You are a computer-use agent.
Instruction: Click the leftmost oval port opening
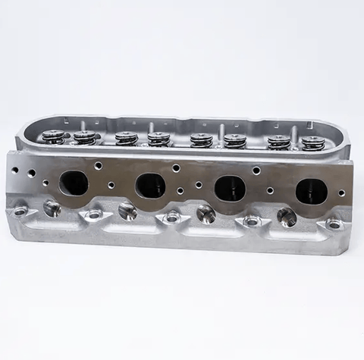coord(73,183)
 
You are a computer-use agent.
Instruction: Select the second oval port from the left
coord(150,186)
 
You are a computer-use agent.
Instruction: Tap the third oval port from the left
coord(230,188)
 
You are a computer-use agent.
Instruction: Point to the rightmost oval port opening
coord(310,191)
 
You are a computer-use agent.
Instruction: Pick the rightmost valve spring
coord(312,142)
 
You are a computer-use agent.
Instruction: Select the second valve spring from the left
coord(85,138)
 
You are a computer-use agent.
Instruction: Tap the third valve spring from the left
coord(126,139)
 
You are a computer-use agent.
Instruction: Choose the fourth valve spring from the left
coord(158,139)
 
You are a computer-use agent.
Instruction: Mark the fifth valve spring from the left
coord(201,140)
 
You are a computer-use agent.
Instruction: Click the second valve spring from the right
coord(278,142)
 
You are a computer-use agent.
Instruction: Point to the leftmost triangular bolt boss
coord(20,211)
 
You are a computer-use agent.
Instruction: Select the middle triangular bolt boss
coord(173,218)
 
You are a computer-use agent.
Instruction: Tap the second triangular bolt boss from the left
coord(93,214)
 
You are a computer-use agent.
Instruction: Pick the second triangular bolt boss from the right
coord(252,221)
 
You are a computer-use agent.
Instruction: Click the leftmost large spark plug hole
coord(52,207)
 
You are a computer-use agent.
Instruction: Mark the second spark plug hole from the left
coord(128,211)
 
